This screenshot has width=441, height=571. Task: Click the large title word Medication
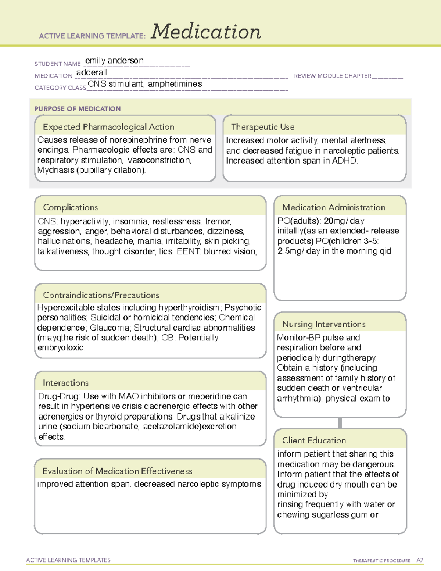pyautogui.click(x=206, y=32)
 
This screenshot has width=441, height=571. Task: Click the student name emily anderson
pyautogui.click(x=114, y=61)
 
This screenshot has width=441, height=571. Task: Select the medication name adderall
pyautogui.click(x=92, y=72)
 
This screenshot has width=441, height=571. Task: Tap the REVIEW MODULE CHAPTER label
pyautogui.click(x=333, y=76)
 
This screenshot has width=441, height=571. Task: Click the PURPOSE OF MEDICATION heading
pyautogui.click(x=78, y=109)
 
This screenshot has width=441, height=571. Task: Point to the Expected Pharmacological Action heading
pyautogui.click(x=108, y=127)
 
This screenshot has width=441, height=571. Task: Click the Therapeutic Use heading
pyautogui.click(x=263, y=127)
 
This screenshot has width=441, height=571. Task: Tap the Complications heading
pyautogui.click(x=71, y=207)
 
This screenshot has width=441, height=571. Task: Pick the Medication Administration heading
pyautogui.click(x=334, y=207)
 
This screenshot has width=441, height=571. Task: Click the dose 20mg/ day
pyautogui.click(x=344, y=221)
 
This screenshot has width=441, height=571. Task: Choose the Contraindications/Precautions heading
pyautogui.click(x=101, y=295)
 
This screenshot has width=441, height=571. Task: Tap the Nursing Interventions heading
pyautogui.click(x=324, y=324)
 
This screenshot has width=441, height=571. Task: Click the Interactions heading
pyautogui.click(x=66, y=383)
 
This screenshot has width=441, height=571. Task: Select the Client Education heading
pyautogui.click(x=314, y=440)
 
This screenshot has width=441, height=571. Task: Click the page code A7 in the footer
pyautogui.click(x=419, y=560)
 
